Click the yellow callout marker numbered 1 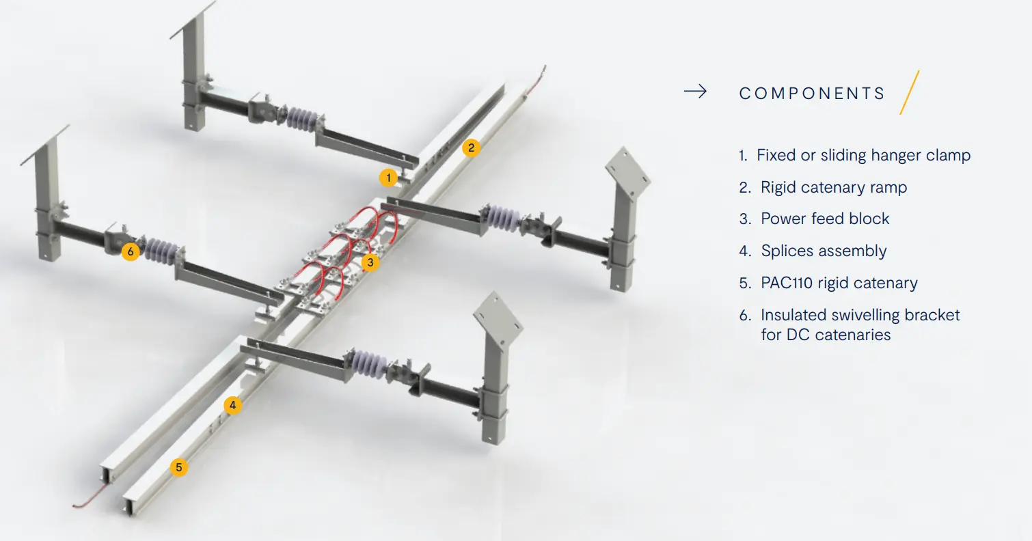tap(388, 178)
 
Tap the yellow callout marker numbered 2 tap(471, 148)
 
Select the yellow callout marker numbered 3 tap(370, 262)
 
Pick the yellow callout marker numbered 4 tap(232, 405)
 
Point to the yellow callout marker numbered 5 tap(179, 467)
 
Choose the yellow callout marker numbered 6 tap(131, 251)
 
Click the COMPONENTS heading tap(812, 94)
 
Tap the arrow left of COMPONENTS tap(695, 91)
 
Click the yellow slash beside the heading tap(910, 92)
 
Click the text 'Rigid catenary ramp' tap(833, 187)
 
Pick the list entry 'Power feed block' tap(825, 219)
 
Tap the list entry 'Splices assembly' tap(824, 251)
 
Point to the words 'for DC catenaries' tap(826, 335)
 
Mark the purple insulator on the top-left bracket tap(302, 120)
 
